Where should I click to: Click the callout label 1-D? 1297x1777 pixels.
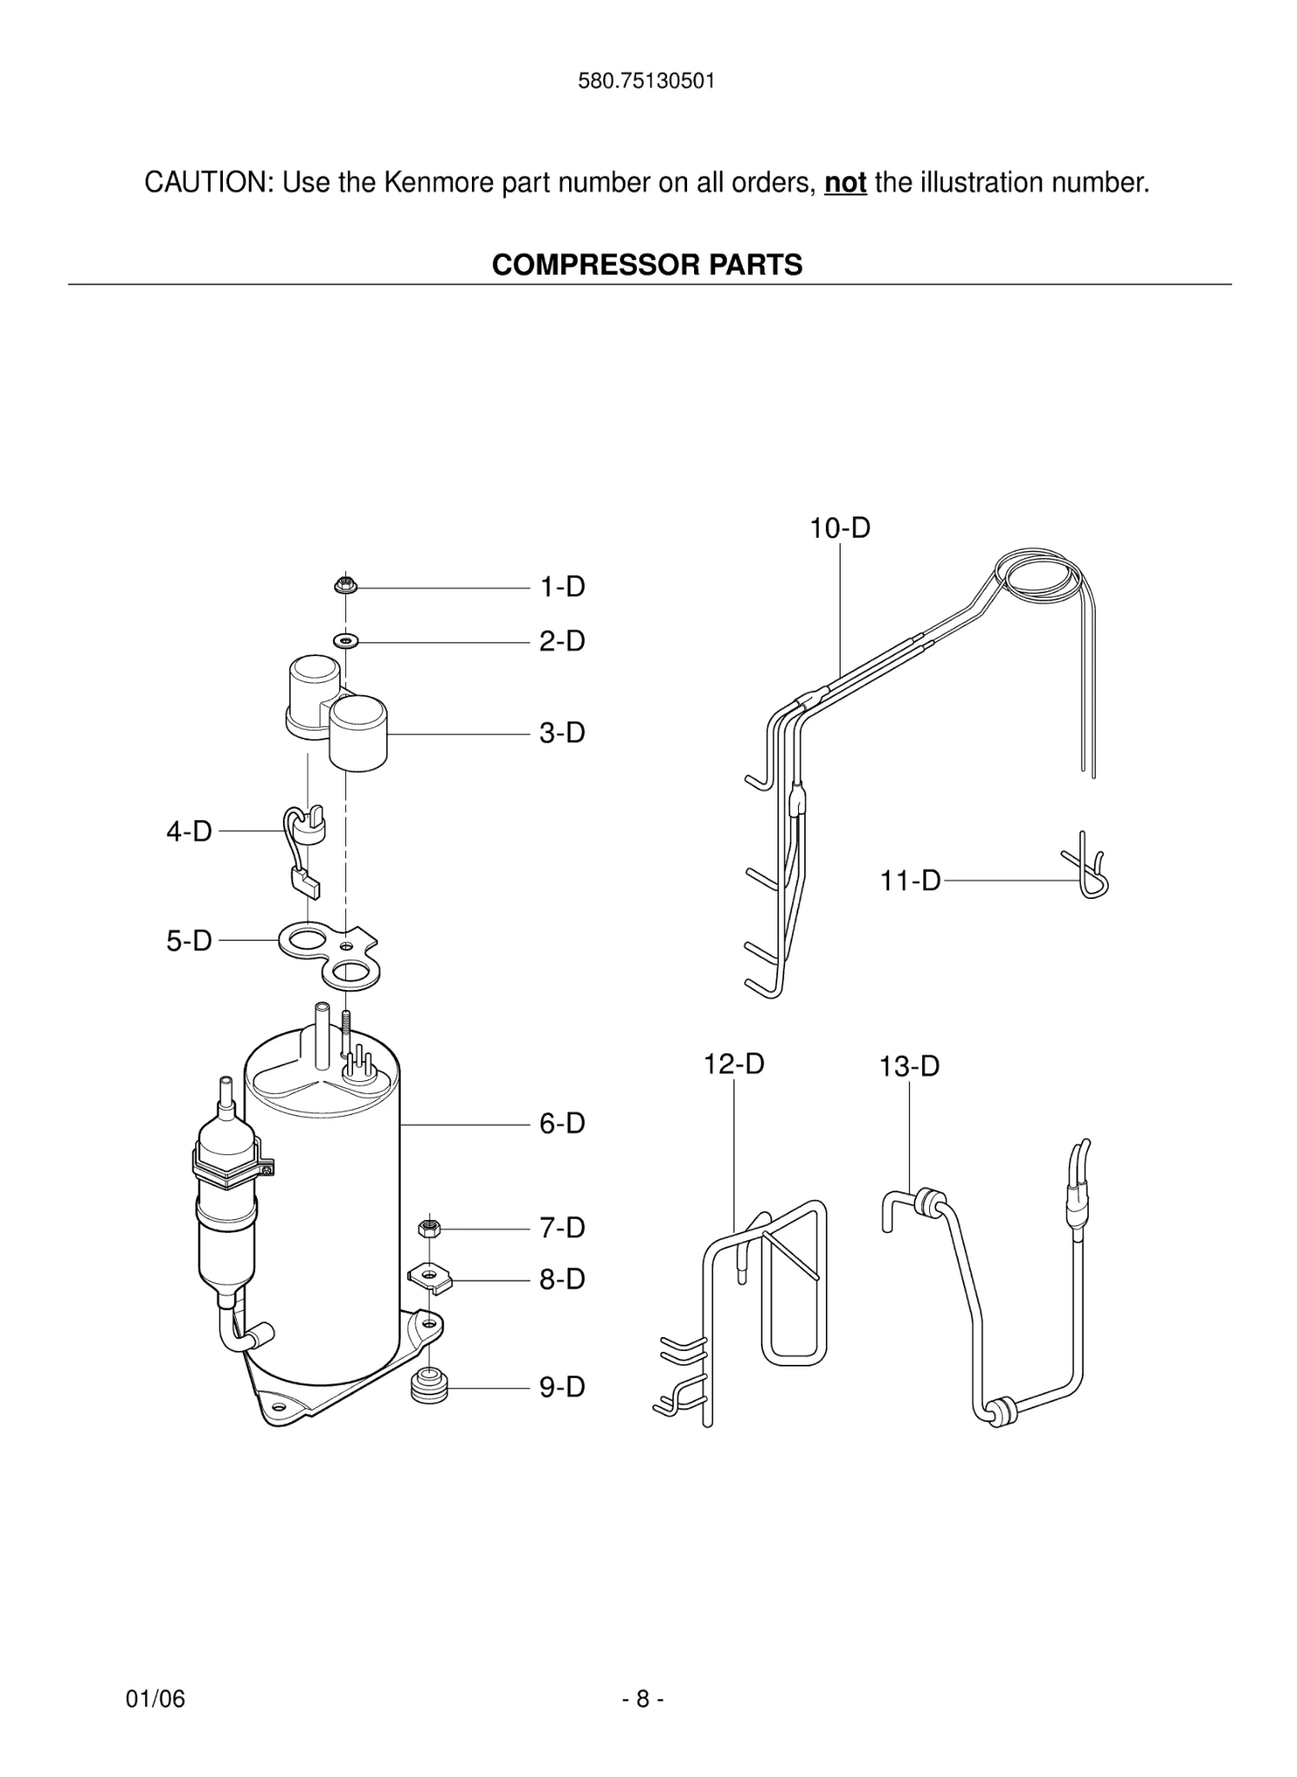click(x=562, y=587)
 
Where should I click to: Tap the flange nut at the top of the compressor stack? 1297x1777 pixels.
click(x=345, y=586)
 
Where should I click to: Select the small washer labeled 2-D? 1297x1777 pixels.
click(x=346, y=641)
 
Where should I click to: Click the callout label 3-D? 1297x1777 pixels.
click(x=562, y=733)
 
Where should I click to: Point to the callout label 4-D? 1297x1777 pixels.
click(x=189, y=831)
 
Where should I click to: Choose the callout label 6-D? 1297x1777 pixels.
click(x=562, y=1124)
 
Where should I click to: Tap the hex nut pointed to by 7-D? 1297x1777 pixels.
click(x=429, y=1228)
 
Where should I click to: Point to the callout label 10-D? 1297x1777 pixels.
click(x=840, y=528)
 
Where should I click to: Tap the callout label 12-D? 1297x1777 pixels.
click(x=733, y=1064)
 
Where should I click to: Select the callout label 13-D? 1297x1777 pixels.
click(x=909, y=1066)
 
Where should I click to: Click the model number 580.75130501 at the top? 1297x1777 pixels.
click(x=646, y=82)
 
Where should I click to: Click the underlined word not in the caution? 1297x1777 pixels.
click(x=845, y=183)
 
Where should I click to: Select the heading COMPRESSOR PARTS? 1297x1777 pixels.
click(x=647, y=265)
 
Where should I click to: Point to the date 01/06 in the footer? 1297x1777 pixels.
click(x=155, y=1699)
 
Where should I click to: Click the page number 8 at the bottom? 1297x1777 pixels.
click(x=643, y=1699)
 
